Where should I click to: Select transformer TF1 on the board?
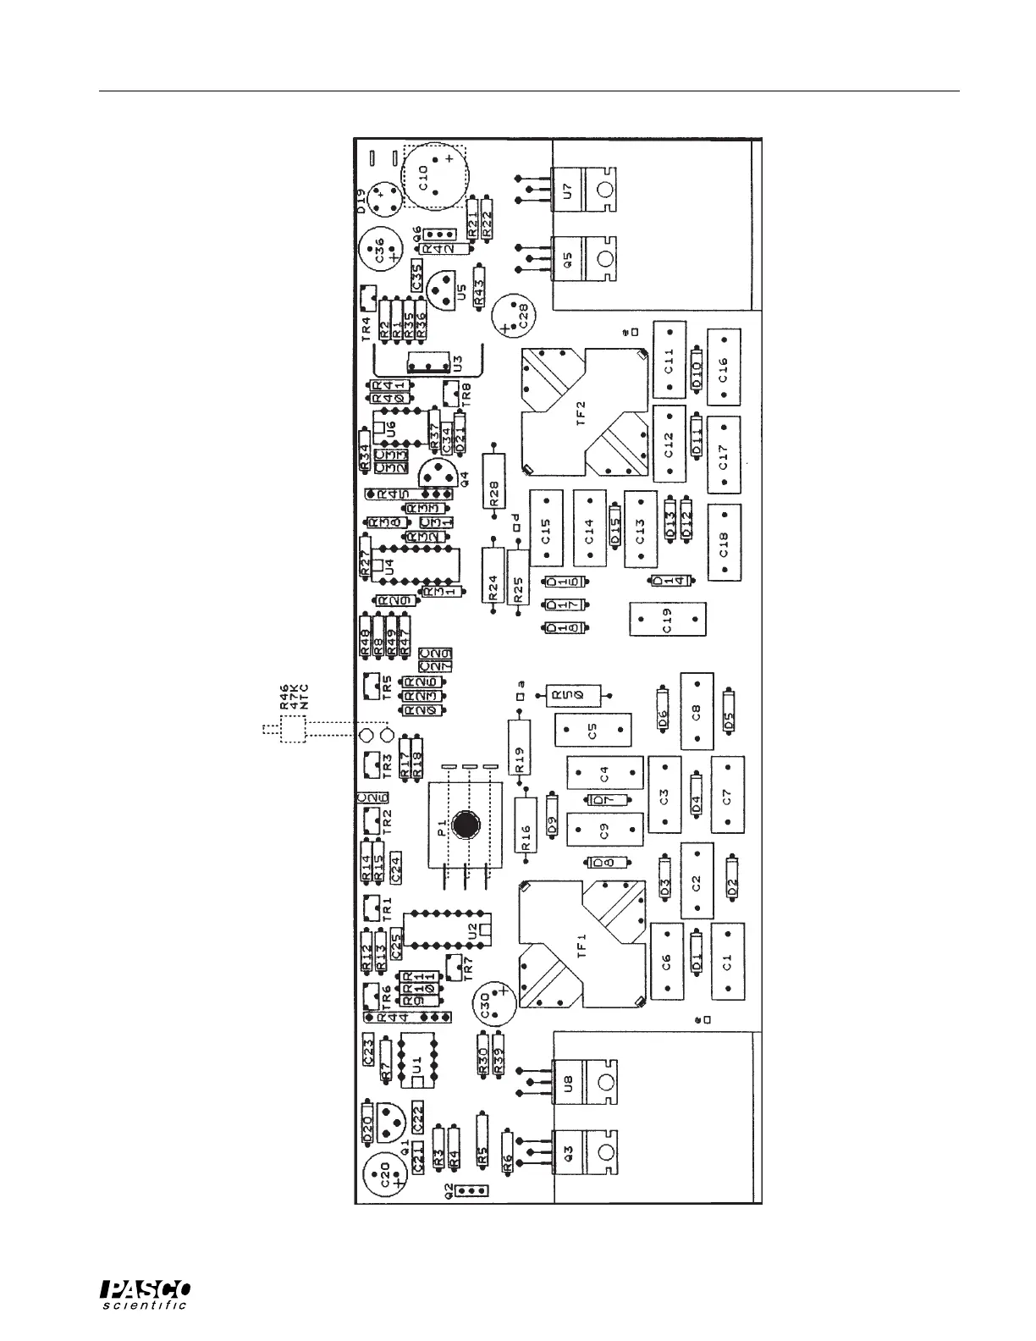coord(582,944)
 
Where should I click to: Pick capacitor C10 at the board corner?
coord(434,176)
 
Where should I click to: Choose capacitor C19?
coord(668,620)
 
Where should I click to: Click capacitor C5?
coord(593,730)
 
